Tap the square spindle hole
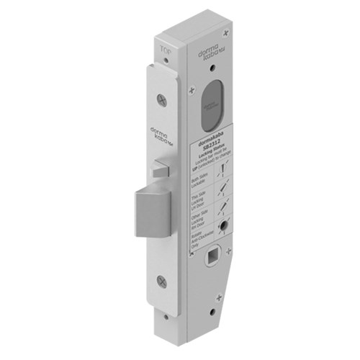tap(215, 256)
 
